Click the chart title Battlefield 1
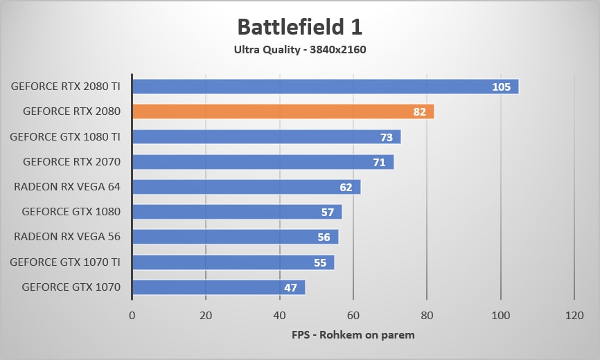(x=299, y=27)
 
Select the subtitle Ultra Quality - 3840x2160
(x=299, y=49)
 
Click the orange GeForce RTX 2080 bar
(x=283, y=111)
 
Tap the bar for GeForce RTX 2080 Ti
(x=325, y=87)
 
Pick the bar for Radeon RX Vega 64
(x=246, y=187)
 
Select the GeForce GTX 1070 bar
(x=218, y=287)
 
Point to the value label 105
(x=501, y=87)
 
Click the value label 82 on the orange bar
(x=420, y=111)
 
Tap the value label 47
(x=291, y=287)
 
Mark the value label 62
(x=346, y=187)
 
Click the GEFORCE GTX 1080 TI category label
(x=65, y=137)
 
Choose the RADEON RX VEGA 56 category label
(x=67, y=237)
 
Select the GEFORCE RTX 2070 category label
(x=72, y=162)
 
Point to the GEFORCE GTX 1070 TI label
(x=65, y=262)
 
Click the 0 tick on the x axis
(x=132, y=315)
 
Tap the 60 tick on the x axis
(x=353, y=315)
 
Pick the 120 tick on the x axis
(x=574, y=315)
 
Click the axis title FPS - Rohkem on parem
(x=353, y=335)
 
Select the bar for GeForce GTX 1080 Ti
(x=266, y=137)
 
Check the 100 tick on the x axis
(x=500, y=315)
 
